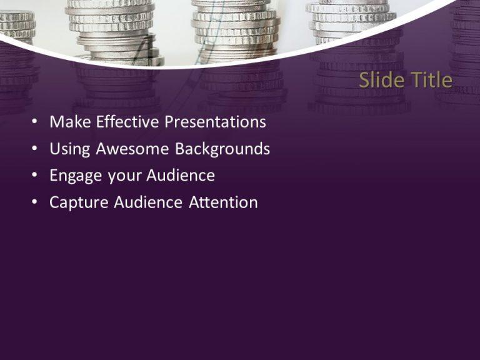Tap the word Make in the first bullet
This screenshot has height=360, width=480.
[x=69, y=122]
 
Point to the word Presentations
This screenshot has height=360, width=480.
[x=215, y=122]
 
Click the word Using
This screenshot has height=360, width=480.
[x=69, y=149]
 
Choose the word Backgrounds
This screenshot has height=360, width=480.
[x=222, y=149]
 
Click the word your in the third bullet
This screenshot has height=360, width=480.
[x=125, y=176]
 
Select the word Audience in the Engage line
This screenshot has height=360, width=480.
[x=181, y=176]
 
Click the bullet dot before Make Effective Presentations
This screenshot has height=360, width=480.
[x=35, y=122]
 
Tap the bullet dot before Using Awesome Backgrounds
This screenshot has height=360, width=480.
[x=35, y=149]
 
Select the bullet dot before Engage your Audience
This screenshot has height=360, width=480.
[x=35, y=176]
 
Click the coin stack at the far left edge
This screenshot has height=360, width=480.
[x=15, y=25]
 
